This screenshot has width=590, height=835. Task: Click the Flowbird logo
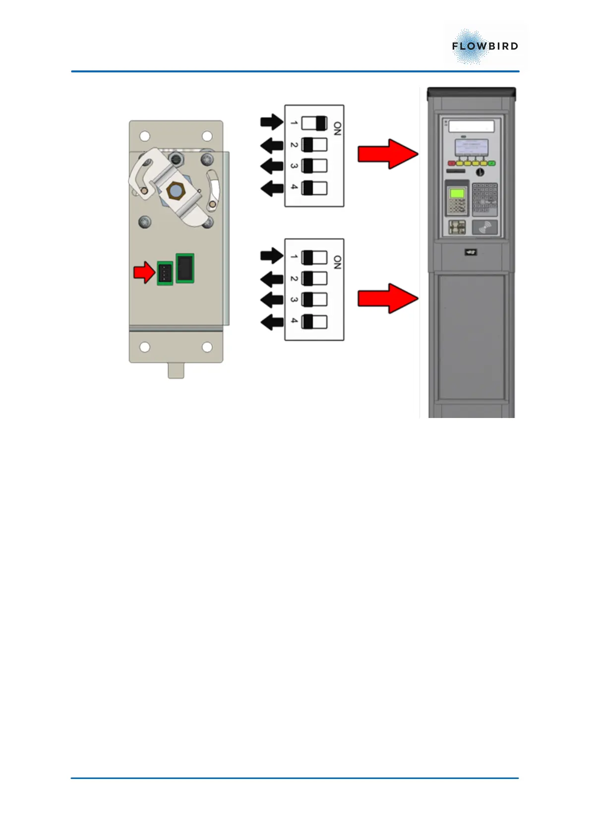(x=484, y=47)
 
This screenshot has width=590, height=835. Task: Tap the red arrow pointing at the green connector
(x=144, y=272)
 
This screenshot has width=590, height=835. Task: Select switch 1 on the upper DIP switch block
(x=314, y=123)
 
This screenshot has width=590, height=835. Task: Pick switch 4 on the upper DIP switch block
(x=314, y=188)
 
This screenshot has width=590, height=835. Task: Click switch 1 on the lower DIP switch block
(x=314, y=257)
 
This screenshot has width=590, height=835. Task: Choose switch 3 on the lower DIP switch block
(x=314, y=300)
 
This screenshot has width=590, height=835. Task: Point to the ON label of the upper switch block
(x=337, y=129)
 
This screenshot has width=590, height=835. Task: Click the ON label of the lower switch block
(x=337, y=262)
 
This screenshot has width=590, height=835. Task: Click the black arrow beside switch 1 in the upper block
(x=272, y=122)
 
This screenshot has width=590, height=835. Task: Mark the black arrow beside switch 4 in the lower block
(x=272, y=322)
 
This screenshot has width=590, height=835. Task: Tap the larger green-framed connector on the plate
(x=185, y=268)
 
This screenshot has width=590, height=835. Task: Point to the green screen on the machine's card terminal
(x=457, y=193)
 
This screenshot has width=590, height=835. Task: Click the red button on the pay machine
(x=452, y=163)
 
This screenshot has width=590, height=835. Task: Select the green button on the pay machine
(x=491, y=163)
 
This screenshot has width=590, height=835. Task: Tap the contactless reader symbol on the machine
(x=484, y=228)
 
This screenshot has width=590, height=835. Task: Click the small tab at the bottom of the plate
(x=176, y=370)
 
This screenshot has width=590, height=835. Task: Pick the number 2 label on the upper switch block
(x=294, y=145)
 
